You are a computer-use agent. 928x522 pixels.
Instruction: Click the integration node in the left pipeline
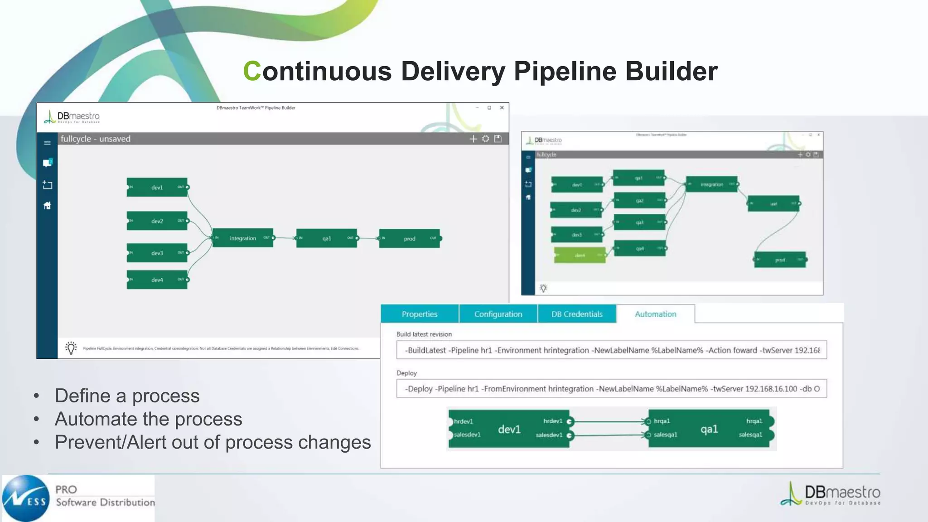pos(243,238)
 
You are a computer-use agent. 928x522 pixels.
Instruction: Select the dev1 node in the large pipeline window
pos(157,187)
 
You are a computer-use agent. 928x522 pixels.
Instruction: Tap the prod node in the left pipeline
pos(409,238)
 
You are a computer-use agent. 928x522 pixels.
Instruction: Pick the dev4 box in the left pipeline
pos(157,280)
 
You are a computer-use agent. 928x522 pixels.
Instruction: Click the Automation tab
pos(655,314)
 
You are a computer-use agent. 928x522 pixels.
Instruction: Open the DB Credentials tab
pos(577,314)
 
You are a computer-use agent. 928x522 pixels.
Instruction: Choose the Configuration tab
pos(498,314)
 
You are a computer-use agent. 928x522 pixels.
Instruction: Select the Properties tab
pos(420,314)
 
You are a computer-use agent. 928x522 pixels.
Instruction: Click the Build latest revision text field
pos(611,350)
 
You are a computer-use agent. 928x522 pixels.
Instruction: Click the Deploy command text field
pos(611,389)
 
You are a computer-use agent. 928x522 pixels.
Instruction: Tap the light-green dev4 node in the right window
pos(580,256)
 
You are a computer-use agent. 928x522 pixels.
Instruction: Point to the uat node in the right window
pos(773,204)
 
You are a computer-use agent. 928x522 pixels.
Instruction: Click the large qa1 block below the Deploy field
pos(709,429)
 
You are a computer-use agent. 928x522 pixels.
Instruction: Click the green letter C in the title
pos(252,72)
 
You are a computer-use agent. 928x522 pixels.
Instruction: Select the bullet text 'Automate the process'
pos(149,419)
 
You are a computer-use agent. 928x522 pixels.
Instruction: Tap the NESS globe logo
pos(26,498)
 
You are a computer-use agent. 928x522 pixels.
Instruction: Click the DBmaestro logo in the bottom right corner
pos(830,494)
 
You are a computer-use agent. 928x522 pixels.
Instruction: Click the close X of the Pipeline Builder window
pos(502,108)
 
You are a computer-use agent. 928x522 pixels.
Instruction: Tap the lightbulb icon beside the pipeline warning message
pos(71,348)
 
